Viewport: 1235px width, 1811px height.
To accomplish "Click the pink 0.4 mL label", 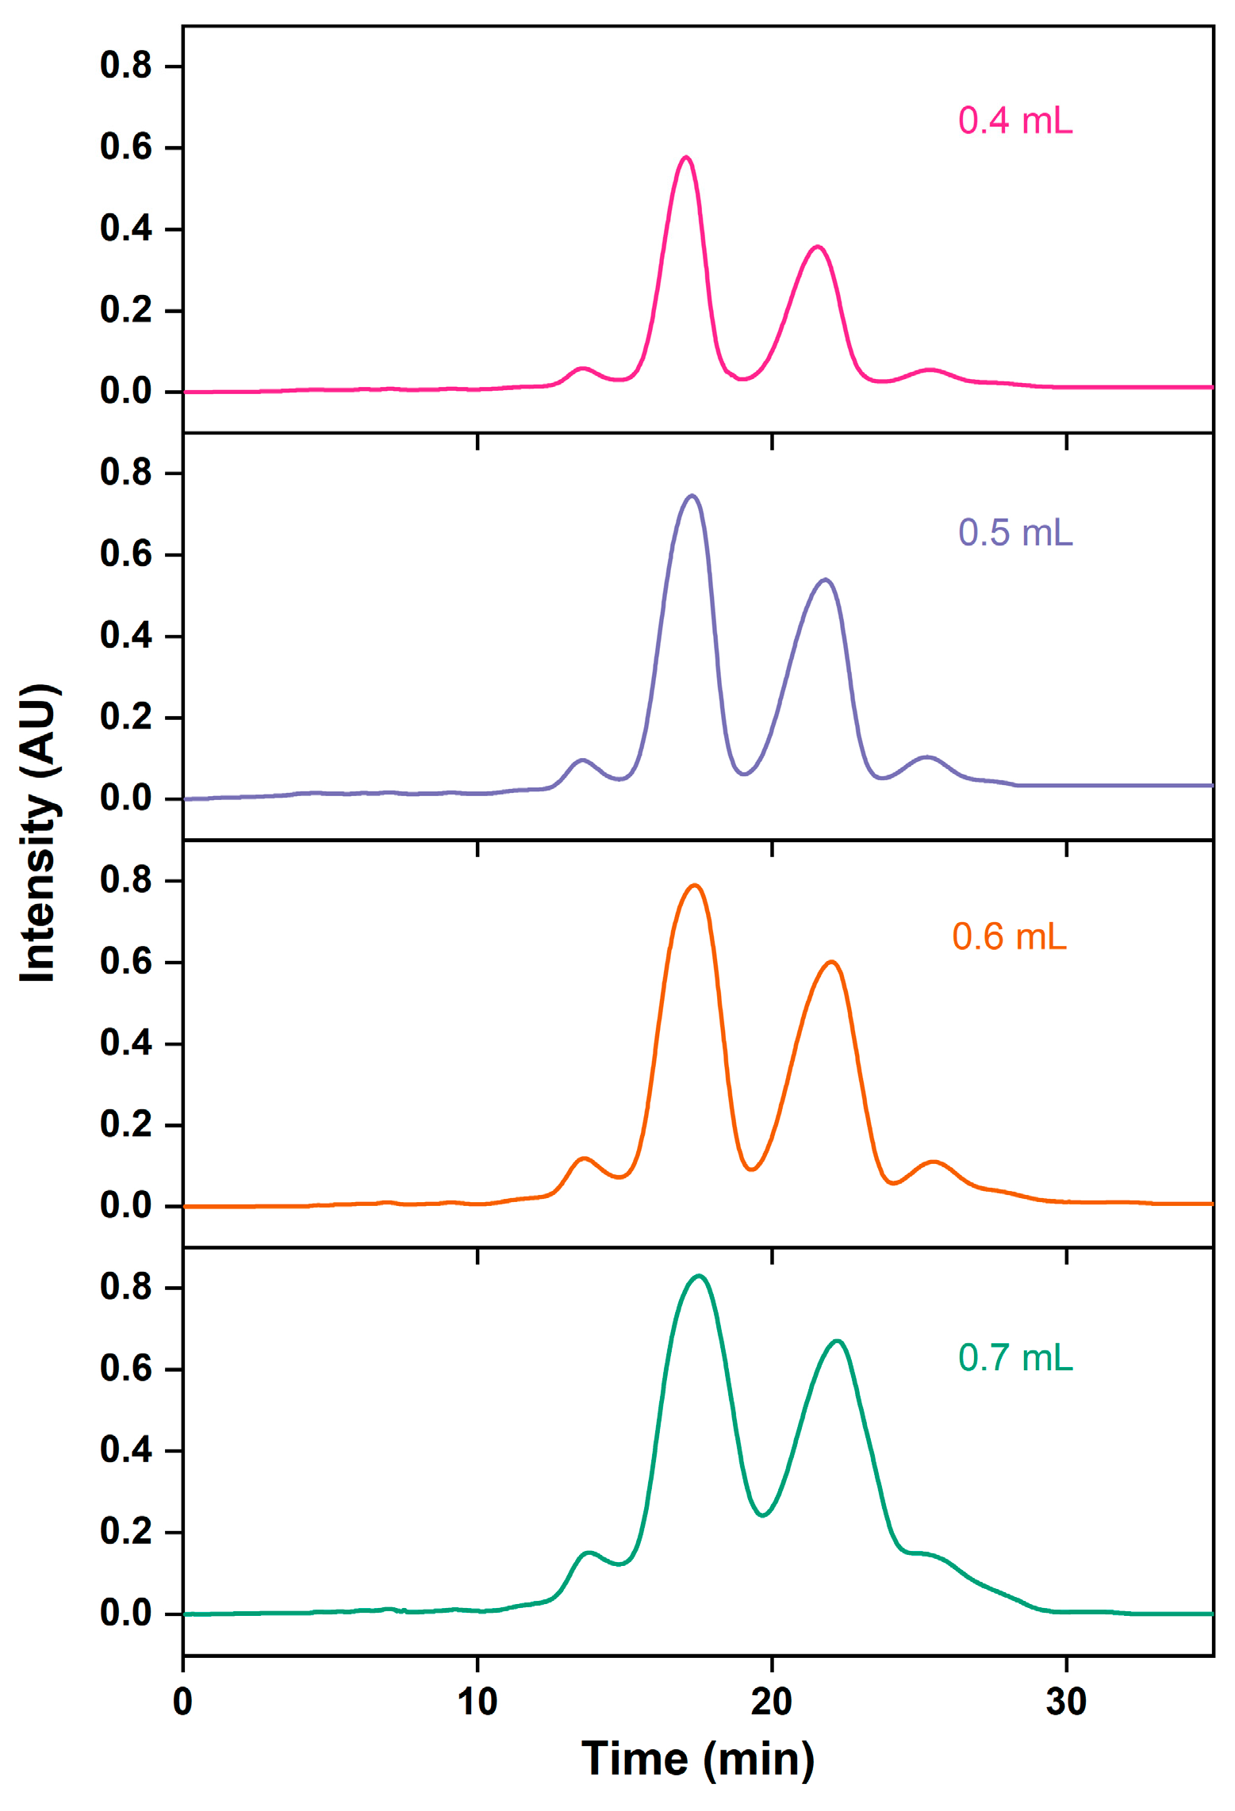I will tap(1014, 121).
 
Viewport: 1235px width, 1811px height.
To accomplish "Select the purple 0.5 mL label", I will tap(1014, 533).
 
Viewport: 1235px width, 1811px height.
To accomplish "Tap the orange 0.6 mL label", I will tap(1008, 937).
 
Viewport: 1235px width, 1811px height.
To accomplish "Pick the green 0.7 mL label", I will tap(1014, 1358).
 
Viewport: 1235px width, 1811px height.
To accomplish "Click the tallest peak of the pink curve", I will tap(686, 158).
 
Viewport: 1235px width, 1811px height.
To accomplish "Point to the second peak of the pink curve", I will tap(818, 247).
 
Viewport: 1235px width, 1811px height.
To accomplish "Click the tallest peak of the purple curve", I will tap(692, 496).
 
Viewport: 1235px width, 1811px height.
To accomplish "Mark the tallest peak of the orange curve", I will tap(695, 886).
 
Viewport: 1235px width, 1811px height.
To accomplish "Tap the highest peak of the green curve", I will tap(698, 1277).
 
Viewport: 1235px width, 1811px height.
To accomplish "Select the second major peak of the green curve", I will tap(837, 1342).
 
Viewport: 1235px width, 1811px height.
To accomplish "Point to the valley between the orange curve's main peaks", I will tap(751, 1169).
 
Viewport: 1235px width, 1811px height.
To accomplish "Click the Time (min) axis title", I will tap(697, 1759).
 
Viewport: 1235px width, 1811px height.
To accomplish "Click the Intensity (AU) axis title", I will tap(38, 833).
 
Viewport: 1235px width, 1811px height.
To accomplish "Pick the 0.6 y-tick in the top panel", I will tap(126, 147).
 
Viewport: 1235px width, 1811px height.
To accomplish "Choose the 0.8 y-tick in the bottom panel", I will tap(126, 1287).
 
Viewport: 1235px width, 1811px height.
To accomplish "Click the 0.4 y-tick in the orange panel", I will tap(126, 1043).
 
